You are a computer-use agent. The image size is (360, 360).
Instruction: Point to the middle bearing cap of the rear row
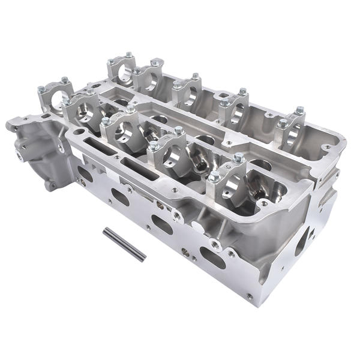(187, 91)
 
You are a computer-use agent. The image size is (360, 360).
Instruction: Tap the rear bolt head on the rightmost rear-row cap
(299, 110)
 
